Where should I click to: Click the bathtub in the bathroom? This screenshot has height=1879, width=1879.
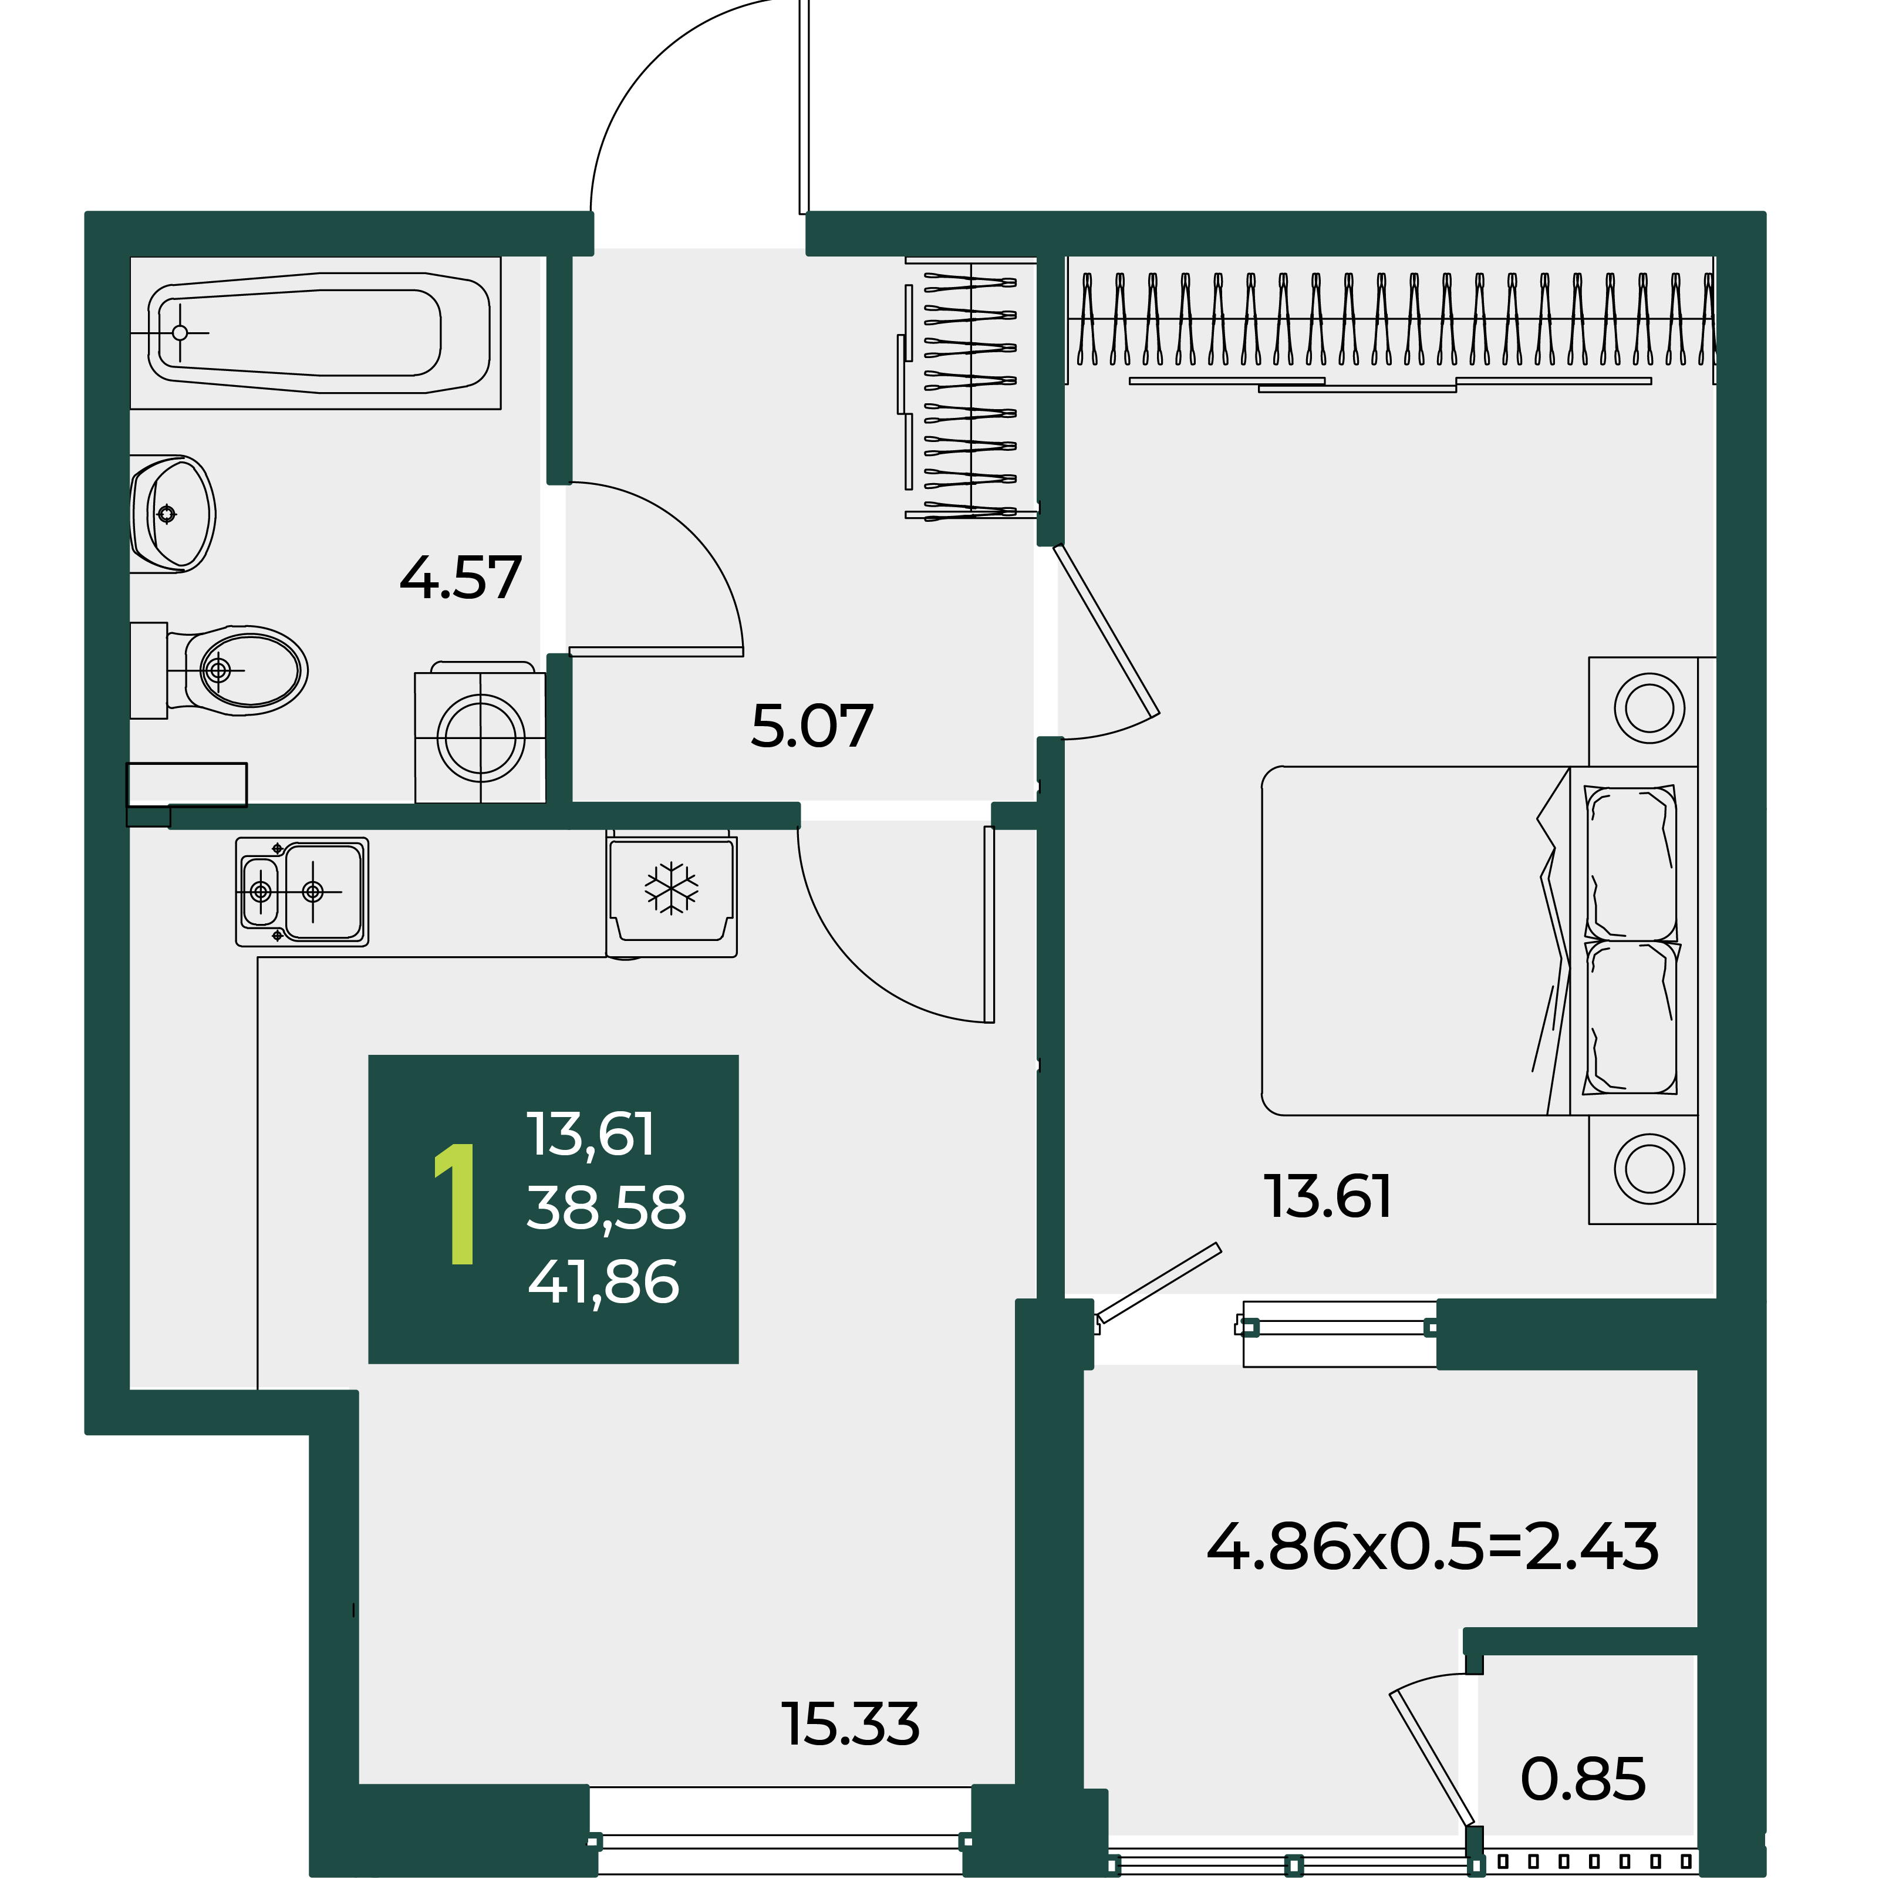pos(316,333)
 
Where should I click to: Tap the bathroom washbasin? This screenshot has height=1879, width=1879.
pos(172,514)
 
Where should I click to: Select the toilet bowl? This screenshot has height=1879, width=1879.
pos(220,670)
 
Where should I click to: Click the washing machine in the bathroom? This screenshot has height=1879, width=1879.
pos(480,733)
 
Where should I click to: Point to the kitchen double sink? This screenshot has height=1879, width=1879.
pos(302,892)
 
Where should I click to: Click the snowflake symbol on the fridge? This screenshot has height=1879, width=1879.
pos(671,888)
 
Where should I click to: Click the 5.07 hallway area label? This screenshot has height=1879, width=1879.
pos(812,727)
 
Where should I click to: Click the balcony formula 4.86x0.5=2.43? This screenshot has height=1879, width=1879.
pos(1433,1546)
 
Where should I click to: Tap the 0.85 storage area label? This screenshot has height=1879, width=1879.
pos(1583,1779)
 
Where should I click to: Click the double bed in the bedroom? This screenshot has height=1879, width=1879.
pos(1479,940)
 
